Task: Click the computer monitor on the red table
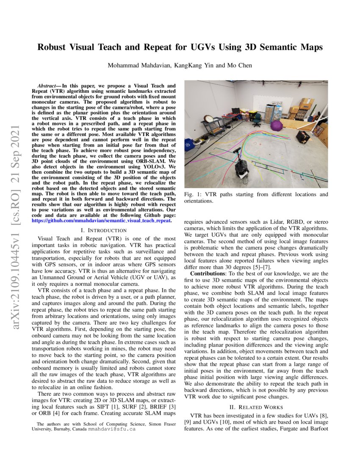tap(235, 111)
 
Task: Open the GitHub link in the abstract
tap(102, 221)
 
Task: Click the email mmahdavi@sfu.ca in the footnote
tap(112, 429)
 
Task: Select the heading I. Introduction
tap(103, 230)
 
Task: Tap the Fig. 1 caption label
tap(191, 194)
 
